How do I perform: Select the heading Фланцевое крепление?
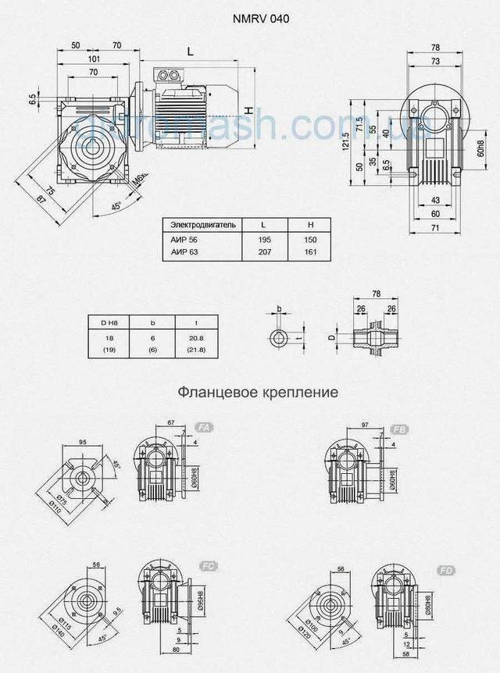257,390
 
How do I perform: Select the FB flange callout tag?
398,428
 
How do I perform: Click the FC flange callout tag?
208,564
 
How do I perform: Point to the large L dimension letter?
191,52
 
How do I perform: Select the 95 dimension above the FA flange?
82,441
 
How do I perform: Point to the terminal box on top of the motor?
170,75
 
